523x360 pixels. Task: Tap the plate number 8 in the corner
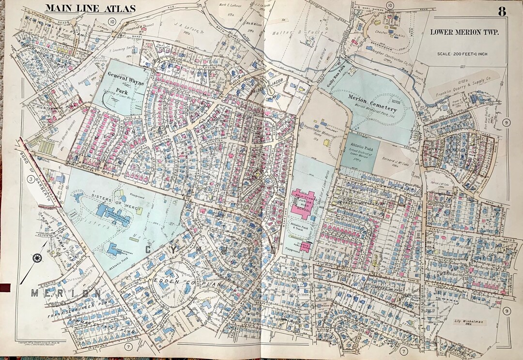click(502, 11)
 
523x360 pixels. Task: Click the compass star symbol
click(37, 257)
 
